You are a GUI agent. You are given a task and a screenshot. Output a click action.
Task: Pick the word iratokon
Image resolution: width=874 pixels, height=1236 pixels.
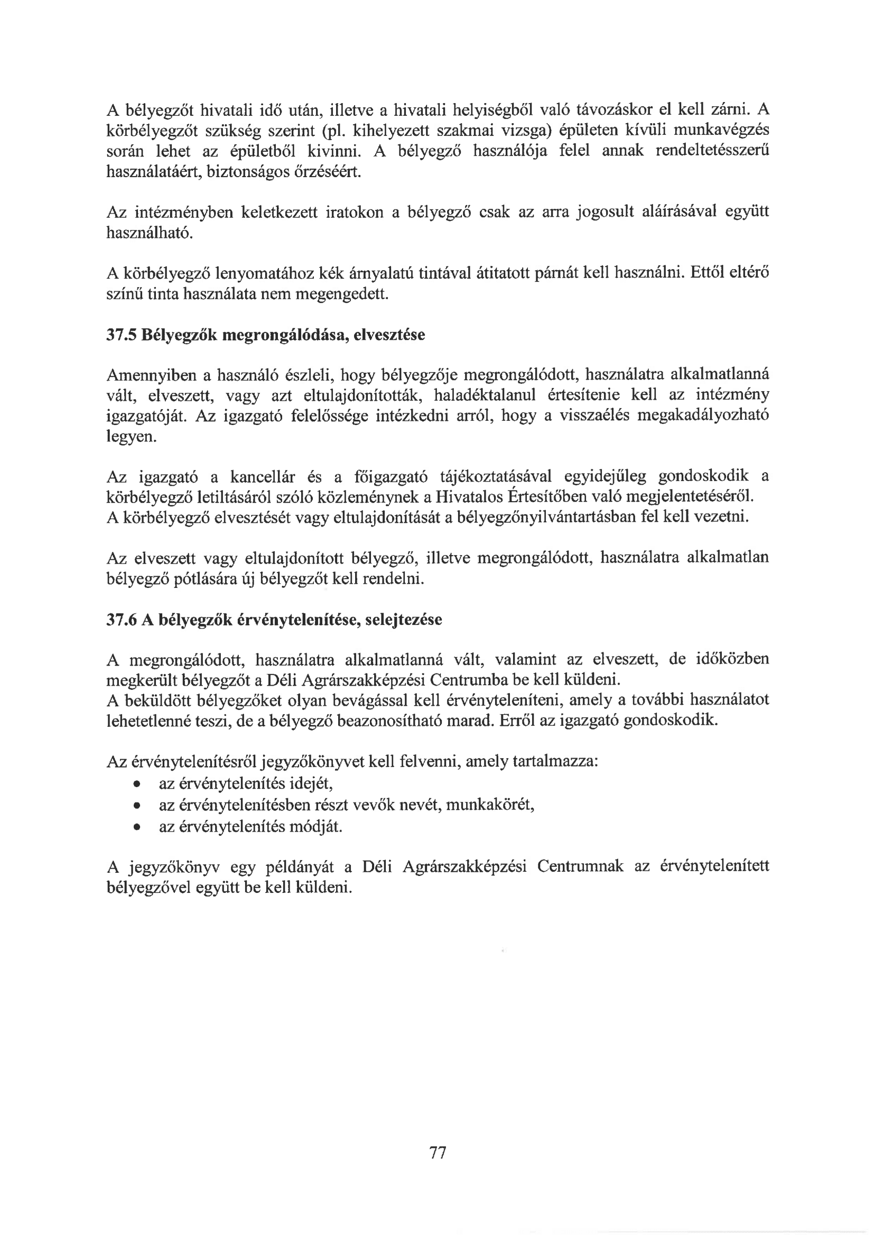tap(355, 212)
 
